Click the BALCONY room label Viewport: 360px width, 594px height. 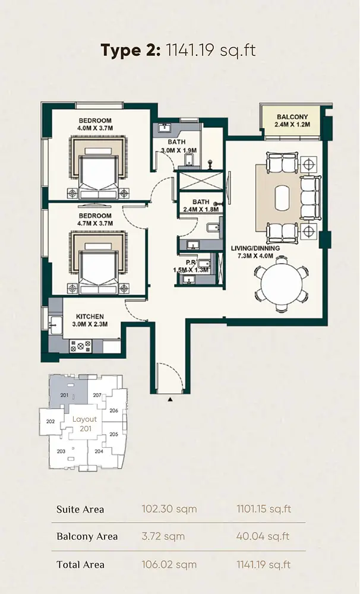(292, 117)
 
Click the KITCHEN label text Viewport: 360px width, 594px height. (90, 317)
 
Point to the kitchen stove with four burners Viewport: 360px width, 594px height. (81, 346)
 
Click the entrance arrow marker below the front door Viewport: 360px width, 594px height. (170, 399)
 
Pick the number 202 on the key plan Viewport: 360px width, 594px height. (50, 421)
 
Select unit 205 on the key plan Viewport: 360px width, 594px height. (113, 434)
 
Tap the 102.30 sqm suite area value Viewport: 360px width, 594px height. (169, 509)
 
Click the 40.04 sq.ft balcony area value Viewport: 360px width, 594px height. (263, 536)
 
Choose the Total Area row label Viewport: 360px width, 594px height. (80, 564)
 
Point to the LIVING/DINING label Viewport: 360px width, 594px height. (255, 248)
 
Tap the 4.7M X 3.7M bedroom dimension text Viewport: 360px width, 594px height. (95, 223)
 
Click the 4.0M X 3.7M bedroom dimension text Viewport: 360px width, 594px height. (95, 128)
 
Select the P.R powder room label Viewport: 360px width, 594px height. (190, 262)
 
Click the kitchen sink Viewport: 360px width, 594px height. (56, 325)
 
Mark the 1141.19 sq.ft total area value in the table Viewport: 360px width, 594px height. (264, 564)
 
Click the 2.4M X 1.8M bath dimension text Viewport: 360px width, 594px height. (201, 209)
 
